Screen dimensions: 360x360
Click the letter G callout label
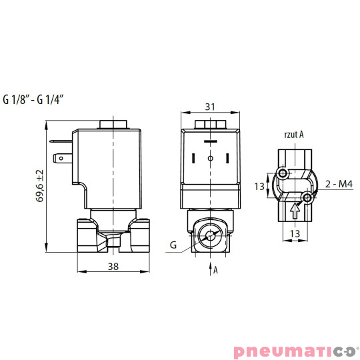pyautogui.click(x=173, y=245)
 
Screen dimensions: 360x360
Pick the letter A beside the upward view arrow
pyautogui.click(x=215, y=270)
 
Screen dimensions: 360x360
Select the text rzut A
pyautogui.click(x=294, y=134)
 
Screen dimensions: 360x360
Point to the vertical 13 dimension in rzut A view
pyautogui.click(x=260, y=187)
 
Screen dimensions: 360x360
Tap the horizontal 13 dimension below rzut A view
pyautogui.click(x=295, y=233)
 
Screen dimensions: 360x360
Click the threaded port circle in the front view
pyautogui.click(x=209, y=235)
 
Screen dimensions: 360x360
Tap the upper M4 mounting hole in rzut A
pyautogui.click(x=285, y=174)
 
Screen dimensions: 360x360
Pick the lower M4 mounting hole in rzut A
pyautogui.click(x=307, y=199)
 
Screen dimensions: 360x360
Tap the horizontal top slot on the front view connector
pyautogui.click(x=209, y=142)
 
